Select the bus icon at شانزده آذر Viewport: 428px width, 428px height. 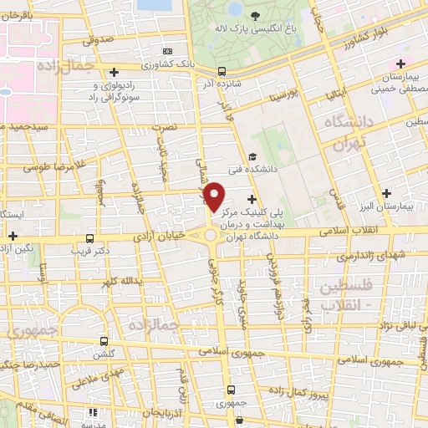pos(222,71)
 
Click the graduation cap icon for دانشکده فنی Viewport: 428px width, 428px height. pos(252,156)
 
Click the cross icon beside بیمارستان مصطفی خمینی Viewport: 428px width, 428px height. pos(401,64)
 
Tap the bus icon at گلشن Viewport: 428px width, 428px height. pos(104,341)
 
